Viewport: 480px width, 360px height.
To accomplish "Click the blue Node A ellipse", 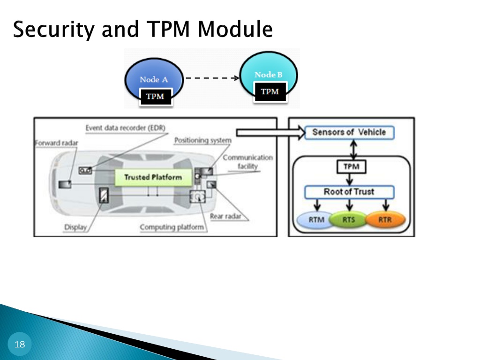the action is point(154,74).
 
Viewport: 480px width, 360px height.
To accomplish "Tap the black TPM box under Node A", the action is point(156,97).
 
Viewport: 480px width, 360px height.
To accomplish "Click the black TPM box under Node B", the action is point(270,91).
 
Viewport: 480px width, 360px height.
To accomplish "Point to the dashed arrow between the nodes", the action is point(212,78).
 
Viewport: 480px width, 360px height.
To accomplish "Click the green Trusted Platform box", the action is point(153,177).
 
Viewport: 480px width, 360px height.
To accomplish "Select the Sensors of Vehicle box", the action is point(349,133).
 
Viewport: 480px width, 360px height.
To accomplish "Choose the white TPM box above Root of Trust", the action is point(352,167).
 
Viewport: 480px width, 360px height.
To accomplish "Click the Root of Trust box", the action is point(349,192).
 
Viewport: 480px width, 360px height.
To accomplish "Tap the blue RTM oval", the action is point(316,220).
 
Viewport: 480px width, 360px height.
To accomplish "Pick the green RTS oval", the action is point(349,220).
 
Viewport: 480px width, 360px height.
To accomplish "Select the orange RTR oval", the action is point(385,220).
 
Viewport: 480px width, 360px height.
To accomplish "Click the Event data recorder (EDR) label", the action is point(126,128).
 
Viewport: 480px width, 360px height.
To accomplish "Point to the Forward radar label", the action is point(56,143).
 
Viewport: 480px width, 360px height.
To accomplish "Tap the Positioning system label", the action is point(202,141).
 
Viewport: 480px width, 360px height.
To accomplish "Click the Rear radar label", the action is point(225,217).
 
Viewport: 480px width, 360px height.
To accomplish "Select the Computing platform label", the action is point(172,227).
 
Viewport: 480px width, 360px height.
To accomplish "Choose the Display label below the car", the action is point(75,227).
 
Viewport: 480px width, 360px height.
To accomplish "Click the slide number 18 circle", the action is point(20,344).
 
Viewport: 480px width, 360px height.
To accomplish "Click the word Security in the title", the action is point(54,30).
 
